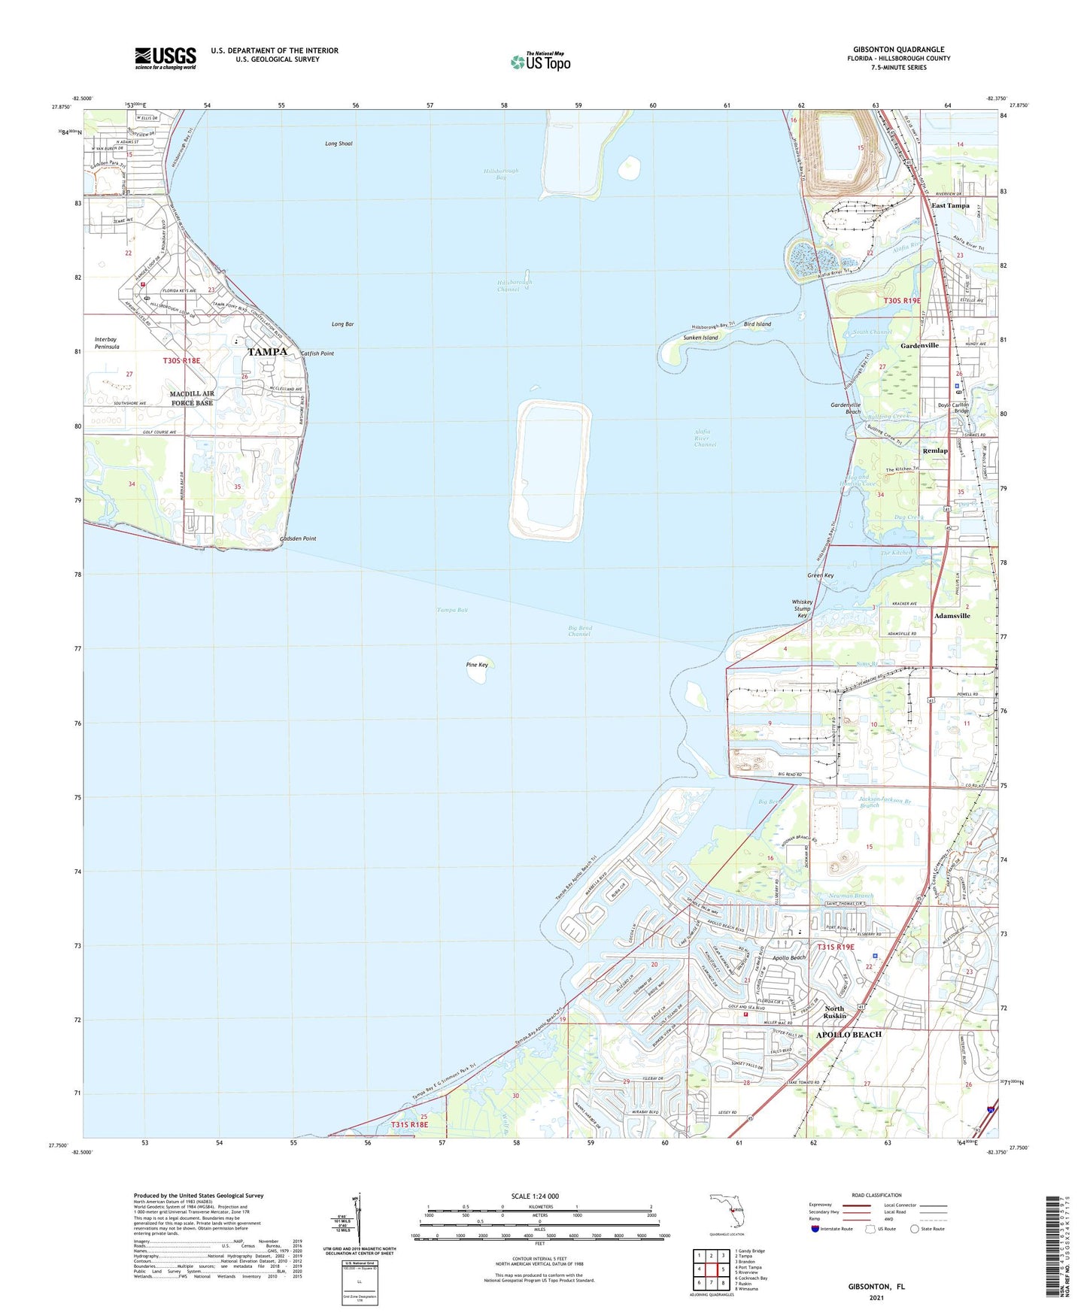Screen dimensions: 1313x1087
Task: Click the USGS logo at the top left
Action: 165,58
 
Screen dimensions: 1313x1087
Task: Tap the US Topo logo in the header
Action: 540,62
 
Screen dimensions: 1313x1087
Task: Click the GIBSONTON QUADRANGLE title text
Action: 898,50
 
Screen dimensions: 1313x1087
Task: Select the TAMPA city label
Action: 267,352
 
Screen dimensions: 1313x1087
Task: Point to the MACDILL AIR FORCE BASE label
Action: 192,398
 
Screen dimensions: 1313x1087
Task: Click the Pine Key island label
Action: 477,665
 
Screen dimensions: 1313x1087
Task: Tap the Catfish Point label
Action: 317,353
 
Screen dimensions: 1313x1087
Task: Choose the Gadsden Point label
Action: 298,538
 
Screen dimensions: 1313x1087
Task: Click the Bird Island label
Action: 757,324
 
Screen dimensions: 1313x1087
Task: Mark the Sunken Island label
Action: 700,338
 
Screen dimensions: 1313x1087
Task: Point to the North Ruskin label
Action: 834,1012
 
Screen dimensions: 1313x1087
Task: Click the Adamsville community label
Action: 952,615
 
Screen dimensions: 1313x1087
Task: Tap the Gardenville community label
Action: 919,345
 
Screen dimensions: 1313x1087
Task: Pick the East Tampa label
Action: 950,205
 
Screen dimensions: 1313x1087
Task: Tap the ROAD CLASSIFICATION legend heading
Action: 876,1195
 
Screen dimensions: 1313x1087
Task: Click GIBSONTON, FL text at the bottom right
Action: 876,1287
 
